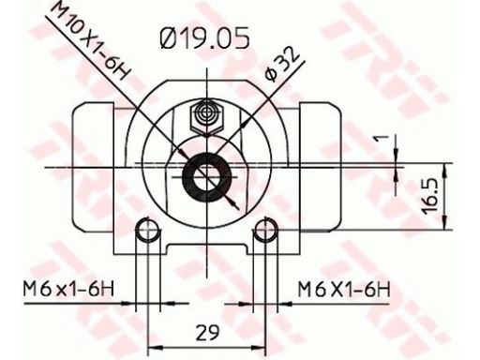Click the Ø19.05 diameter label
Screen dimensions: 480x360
tap(204, 38)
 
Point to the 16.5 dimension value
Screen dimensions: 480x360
tap(430, 197)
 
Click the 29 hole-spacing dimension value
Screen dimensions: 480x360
tap(207, 332)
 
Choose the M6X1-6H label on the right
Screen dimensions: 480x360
tap(344, 290)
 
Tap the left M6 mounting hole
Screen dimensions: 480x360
tap(147, 230)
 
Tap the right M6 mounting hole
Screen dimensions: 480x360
tap(265, 231)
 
